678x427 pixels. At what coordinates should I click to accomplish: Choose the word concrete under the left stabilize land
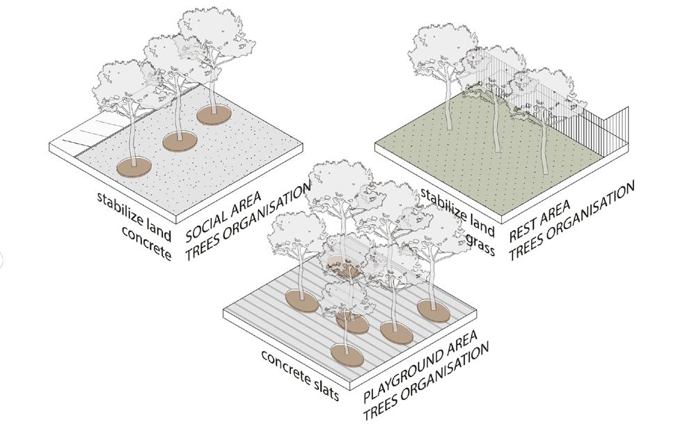click(145, 243)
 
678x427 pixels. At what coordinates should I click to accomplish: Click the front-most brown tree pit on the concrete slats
click(347, 353)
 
